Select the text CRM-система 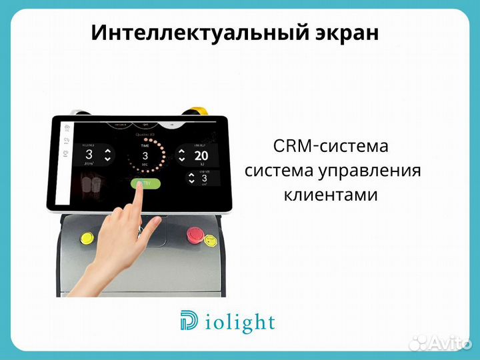330,145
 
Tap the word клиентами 331,195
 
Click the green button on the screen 145,184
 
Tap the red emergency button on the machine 195,234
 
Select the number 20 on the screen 202,156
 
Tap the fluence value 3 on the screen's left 89,155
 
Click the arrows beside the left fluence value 107,155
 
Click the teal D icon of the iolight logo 189,322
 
